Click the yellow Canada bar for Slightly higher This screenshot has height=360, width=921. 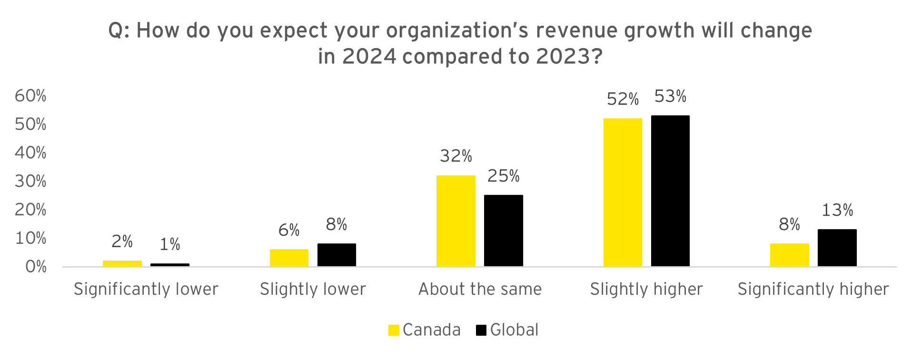click(x=623, y=192)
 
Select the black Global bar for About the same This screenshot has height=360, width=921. click(x=503, y=230)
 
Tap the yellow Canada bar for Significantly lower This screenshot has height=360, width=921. click(x=122, y=263)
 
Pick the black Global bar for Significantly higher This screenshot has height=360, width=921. click(x=837, y=248)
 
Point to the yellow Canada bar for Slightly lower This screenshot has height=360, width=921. click(x=289, y=258)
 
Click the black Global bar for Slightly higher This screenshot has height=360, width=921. click(x=670, y=190)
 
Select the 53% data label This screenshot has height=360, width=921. click(x=670, y=97)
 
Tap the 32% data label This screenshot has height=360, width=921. click(x=456, y=156)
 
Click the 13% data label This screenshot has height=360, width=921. click(x=837, y=210)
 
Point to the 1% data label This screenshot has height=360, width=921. click(x=169, y=245)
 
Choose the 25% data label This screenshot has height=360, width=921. click(x=503, y=176)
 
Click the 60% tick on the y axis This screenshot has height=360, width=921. click(x=30, y=96)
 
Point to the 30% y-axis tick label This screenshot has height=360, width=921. click(x=30, y=181)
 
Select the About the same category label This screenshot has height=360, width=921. click(x=480, y=290)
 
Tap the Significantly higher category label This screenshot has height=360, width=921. click(x=813, y=290)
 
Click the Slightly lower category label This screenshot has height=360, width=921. click(x=313, y=290)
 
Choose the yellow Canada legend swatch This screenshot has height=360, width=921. click(x=394, y=330)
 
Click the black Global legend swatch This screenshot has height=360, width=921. click(x=481, y=330)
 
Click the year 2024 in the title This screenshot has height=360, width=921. click(x=369, y=57)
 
